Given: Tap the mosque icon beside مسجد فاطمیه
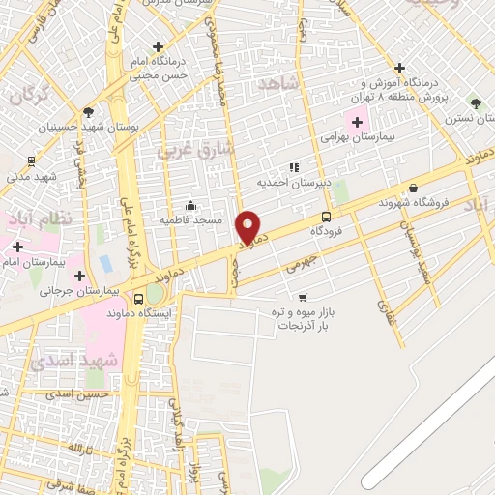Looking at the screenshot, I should [190, 205].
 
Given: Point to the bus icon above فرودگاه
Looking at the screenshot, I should [326, 218].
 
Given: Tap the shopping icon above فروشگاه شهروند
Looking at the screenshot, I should [414, 189].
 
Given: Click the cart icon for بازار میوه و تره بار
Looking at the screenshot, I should [303, 297].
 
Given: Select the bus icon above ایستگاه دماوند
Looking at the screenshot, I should [139, 299].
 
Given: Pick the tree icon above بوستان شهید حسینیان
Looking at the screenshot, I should [88, 112].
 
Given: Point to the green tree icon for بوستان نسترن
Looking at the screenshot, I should [475, 101].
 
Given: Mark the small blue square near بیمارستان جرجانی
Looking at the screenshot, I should [104, 263].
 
